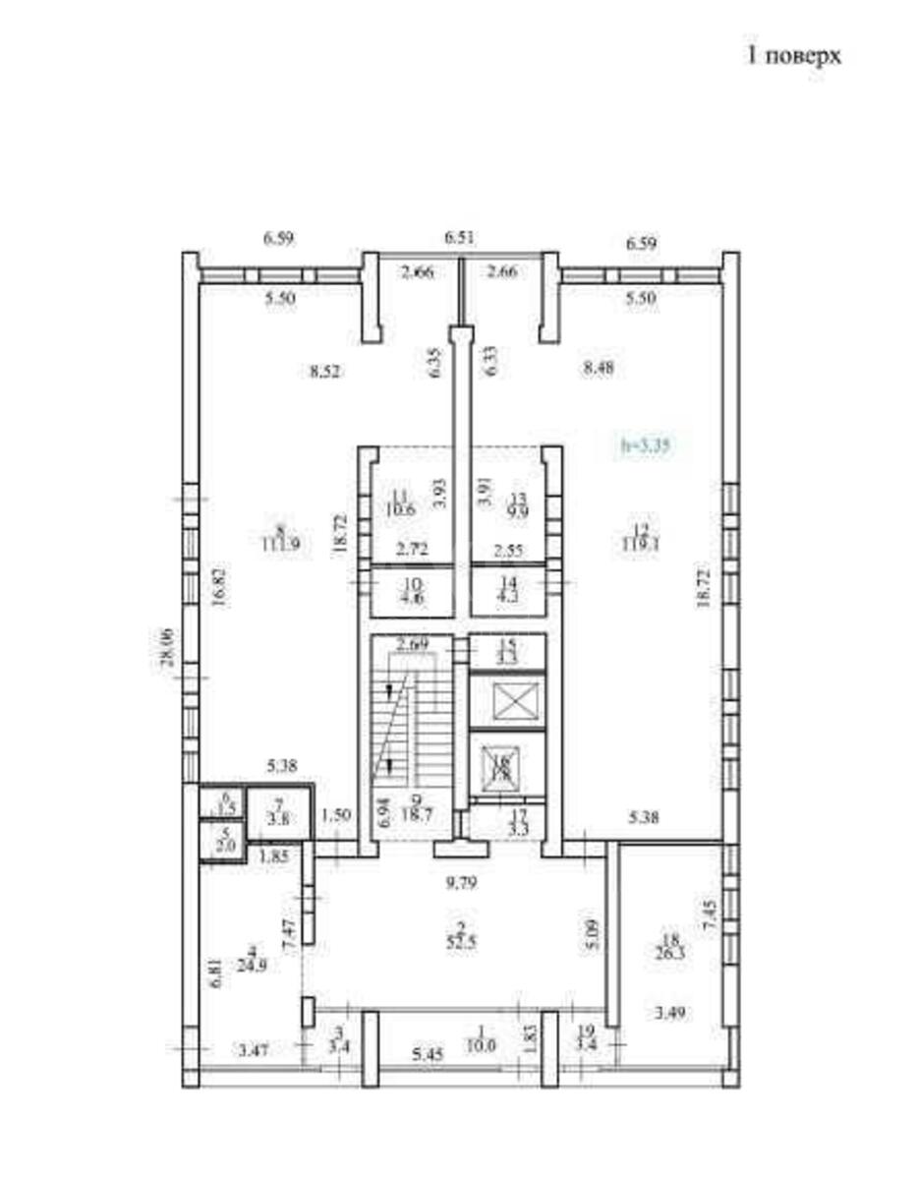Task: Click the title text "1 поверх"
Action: [x=795, y=56]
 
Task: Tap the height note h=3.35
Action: [x=646, y=444]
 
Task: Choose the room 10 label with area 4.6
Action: [x=412, y=595]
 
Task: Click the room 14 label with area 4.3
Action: [x=507, y=595]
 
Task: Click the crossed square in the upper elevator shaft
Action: [x=506, y=701]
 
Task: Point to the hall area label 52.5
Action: [x=459, y=938]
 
